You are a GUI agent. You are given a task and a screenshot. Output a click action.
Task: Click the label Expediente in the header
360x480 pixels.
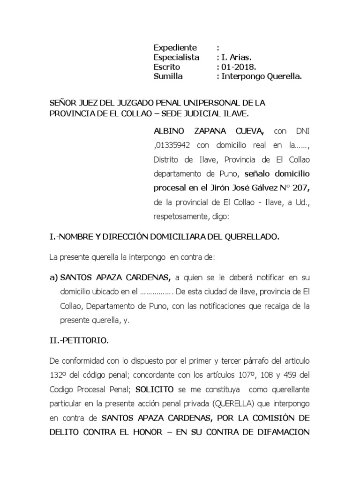click(x=175, y=48)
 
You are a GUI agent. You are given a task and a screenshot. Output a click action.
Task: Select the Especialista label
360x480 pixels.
click(x=176, y=58)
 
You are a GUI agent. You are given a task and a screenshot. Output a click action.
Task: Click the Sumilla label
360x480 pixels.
click(x=168, y=77)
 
